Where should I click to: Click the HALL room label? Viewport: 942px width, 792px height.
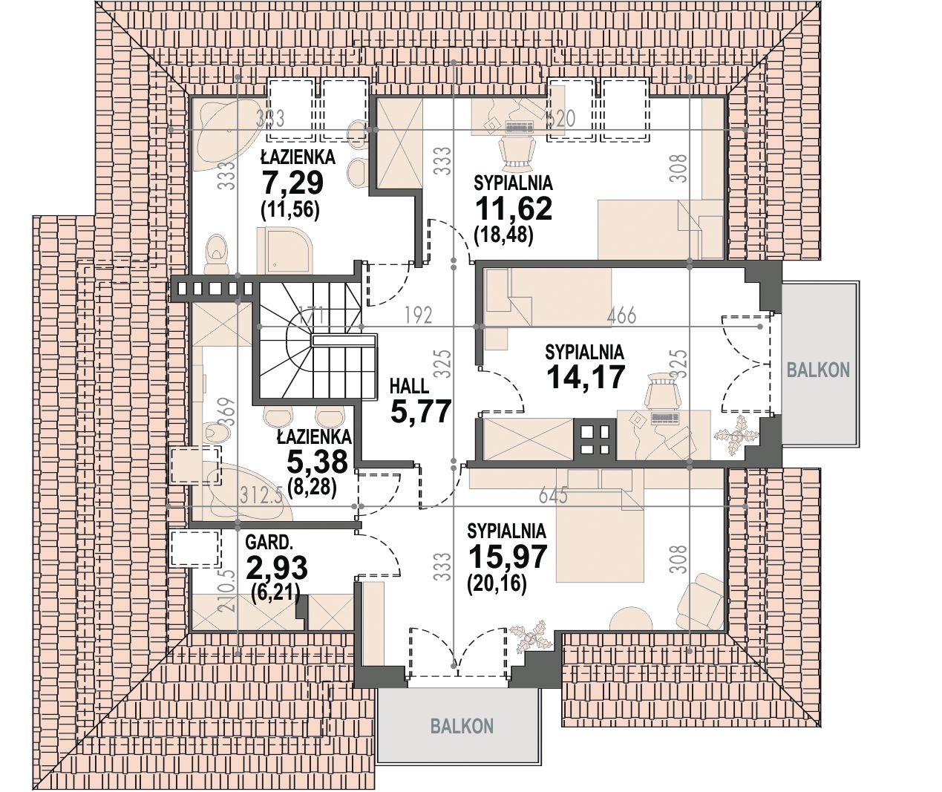[409, 386]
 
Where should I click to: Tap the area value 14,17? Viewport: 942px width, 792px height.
[586, 377]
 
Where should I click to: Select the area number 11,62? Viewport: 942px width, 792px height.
[514, 209]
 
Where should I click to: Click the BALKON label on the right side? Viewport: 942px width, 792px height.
[818, 370]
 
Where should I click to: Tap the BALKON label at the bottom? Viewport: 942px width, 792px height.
[462, 727]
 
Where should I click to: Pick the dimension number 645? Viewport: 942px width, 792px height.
[553, 497]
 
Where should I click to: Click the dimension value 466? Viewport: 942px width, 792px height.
[621, 315]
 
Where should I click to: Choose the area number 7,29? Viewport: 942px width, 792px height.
[292, 183]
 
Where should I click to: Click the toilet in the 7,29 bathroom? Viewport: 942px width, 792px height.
[217, 254]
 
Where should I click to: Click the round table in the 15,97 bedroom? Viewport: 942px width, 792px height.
[631, 618]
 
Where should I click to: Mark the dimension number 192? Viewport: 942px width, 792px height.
[419, 315]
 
